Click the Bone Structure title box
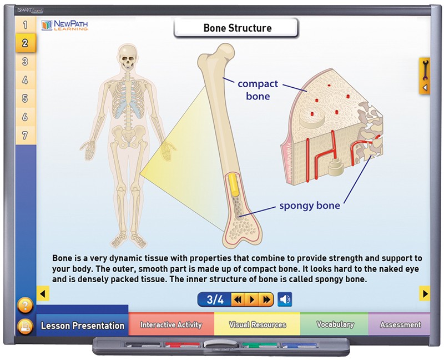coord(236,28)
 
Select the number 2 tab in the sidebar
coord(26,43)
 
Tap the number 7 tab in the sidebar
coord(26,135)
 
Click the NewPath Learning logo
coord(64,25)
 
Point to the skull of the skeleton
coord(128,58)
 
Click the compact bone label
coord(258,90)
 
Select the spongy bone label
coord(310,205)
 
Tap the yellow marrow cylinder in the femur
coord(234,184)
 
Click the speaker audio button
coord(285,299)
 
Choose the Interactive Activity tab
coord(171,324)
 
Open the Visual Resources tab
coord(257,324)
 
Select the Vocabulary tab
coord(335,324)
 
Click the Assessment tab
coord(400,324)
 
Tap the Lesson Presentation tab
coord(82,325)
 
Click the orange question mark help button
coord(25,306)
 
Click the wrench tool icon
coord(425,71)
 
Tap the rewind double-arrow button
coord(238,299)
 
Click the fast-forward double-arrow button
coord(267,299)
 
